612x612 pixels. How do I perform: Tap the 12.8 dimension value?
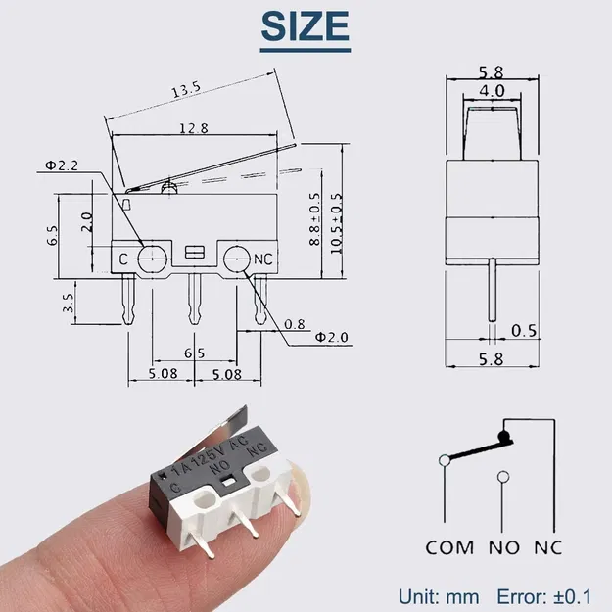coord(194,128)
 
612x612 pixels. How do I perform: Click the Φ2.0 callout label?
coord(332,337)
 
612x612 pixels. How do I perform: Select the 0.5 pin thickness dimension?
coord(525,329)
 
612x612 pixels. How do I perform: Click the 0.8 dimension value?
coord(294,324)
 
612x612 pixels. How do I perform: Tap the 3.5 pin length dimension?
coord(69,301)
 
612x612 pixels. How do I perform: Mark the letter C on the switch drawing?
coord(124,259)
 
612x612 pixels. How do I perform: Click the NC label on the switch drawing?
coord(262,259)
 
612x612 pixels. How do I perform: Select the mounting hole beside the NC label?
coord(235,259)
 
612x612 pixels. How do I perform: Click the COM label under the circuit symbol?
coord(449,547)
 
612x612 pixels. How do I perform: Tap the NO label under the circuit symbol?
coord(503,547)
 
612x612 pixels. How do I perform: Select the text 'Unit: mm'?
coord(439,595)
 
